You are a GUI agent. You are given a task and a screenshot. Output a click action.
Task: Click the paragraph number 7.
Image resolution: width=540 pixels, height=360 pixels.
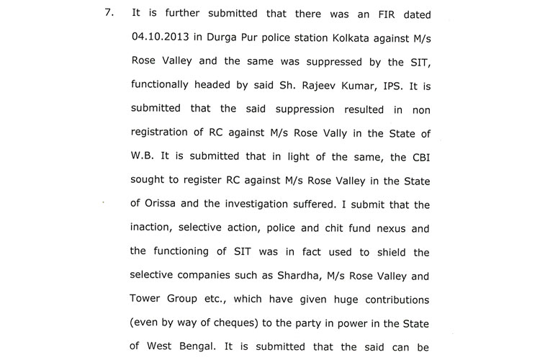coord(111,14)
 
